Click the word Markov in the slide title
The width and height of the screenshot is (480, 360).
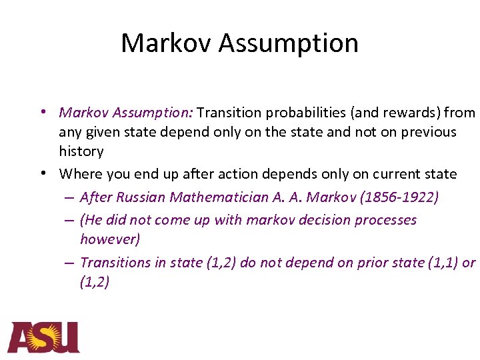click(166, 43)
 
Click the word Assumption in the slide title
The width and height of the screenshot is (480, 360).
click(289, 43)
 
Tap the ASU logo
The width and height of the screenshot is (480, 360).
click(43, 337)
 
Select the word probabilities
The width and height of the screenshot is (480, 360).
click(301, 113)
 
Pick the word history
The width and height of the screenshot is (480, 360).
click(81, 151)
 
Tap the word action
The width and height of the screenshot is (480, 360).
click(249, 174)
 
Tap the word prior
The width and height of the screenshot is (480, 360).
click(358, 263)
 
